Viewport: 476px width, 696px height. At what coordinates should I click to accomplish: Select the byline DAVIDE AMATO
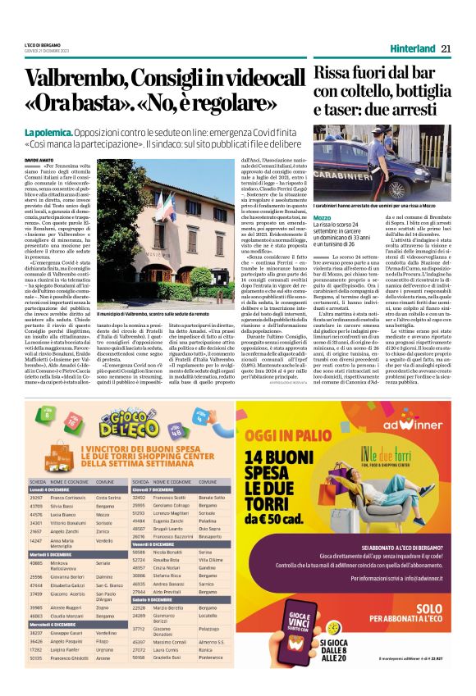pyautogui.click(x=38, y=161)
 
